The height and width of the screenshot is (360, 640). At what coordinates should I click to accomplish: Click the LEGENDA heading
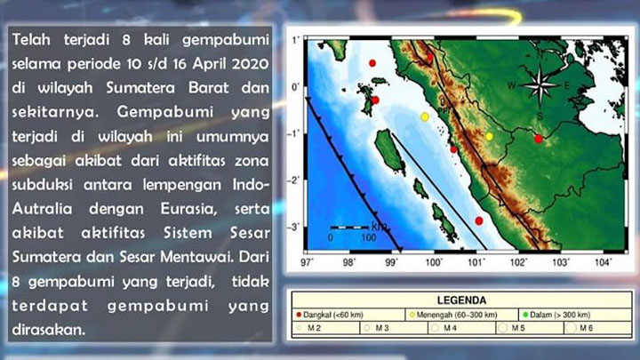click(461, 300)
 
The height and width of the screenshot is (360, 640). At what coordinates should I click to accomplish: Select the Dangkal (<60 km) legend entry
click(330, 315)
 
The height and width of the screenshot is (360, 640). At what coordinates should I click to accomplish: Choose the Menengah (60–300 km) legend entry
click(454, 315)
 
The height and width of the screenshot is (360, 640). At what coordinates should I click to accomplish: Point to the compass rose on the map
click(538, 88)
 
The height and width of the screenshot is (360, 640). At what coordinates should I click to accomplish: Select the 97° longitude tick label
click(308, 263)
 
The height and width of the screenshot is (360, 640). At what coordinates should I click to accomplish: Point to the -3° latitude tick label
click(294, 228)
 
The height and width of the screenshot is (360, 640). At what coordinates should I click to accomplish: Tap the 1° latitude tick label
click(295, 40)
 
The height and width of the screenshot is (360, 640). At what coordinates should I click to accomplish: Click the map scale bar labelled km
click(348, 229)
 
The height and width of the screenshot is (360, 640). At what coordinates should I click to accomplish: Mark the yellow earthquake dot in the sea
click(425, 116)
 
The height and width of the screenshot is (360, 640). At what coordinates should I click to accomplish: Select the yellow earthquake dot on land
click(489, 136)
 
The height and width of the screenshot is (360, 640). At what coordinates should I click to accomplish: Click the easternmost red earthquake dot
click(538, 138)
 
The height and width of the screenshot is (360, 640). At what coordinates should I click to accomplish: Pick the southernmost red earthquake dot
click(479, 220)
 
